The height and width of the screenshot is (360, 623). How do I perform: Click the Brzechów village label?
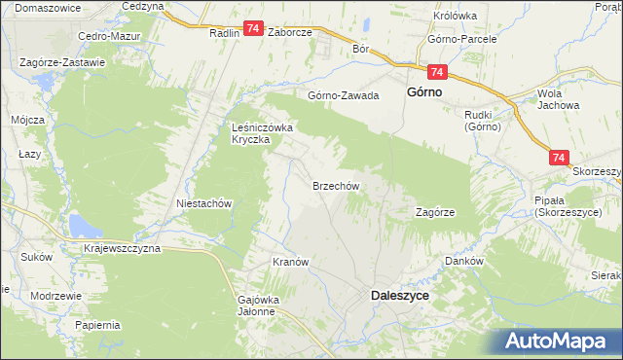[337, 185]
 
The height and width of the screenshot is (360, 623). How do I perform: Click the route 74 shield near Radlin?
[252, 30]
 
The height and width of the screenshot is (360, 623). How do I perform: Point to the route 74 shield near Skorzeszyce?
[558, 156]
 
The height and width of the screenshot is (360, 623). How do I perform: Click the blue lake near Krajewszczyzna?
[83, 228]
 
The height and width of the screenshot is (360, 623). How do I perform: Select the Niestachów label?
[202, 204]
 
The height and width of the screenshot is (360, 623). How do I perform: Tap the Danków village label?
[464, 261]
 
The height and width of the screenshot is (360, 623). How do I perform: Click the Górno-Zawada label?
[343, 95]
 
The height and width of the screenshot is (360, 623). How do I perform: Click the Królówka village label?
[454, 16]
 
